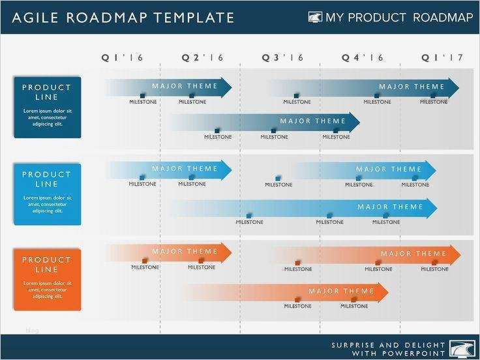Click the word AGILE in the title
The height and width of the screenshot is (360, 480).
pyautogui.click(x=34, y=18)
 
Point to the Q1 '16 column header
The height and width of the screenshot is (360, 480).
pyautogui.click(x=121, y=58)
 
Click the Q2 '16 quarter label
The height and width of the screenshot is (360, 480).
pyautogui.click(x=202, y=58)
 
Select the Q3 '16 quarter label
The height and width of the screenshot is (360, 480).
pyautogui.click(x=283, y=58)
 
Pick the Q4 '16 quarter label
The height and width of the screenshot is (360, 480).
pyautogui.click(x=363, y=58)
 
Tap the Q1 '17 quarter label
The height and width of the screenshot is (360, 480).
pyautogui.click(x=442, y=58)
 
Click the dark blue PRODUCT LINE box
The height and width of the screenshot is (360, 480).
pyautogui.click(x=47, y=107)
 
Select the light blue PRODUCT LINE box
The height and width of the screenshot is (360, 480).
pyautogui.click(x=47, y=194)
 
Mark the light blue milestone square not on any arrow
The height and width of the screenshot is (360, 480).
pyautogui.click(x=278, y=177)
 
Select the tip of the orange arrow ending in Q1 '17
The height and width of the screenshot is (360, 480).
pyautogui.click(x=459, y=254)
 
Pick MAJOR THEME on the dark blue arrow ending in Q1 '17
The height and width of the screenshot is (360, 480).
pyautogui.click(x=412, y=87)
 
